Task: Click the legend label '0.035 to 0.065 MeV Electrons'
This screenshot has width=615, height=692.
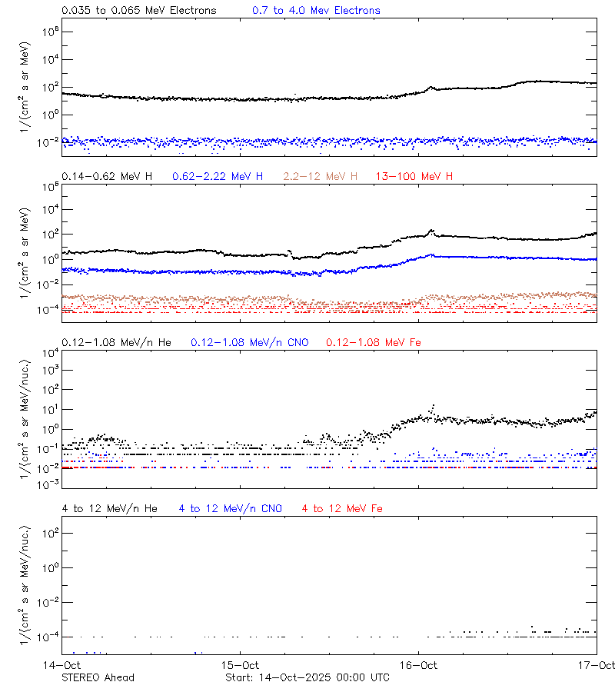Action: click(138, 11)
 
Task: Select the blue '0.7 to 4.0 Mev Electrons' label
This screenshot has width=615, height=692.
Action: click(316, 11)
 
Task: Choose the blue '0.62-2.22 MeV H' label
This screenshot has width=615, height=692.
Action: click(218, 177)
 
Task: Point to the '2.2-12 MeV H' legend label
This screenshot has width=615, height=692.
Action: click(321, 177)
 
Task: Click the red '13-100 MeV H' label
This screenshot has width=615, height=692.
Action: click(414, 177)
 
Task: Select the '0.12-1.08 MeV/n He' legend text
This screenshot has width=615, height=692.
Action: click(117, 342)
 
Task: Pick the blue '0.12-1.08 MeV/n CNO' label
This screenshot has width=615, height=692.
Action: click(250, 342)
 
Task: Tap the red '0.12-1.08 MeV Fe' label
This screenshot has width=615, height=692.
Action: click(374, 342)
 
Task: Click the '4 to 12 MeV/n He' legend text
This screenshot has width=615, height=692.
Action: click(109, 508)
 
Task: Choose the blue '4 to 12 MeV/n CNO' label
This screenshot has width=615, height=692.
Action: click(230, 508)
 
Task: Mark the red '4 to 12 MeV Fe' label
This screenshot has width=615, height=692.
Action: click(342, 508)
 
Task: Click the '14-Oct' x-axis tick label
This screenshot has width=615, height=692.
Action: click(63, 665)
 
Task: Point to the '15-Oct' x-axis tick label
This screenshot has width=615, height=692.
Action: click(241, 665)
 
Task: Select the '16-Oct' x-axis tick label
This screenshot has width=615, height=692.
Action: click(419, 665)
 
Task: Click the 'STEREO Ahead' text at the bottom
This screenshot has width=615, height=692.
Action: click(98, 677)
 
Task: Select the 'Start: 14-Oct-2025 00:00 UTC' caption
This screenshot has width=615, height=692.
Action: click(307, 677)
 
